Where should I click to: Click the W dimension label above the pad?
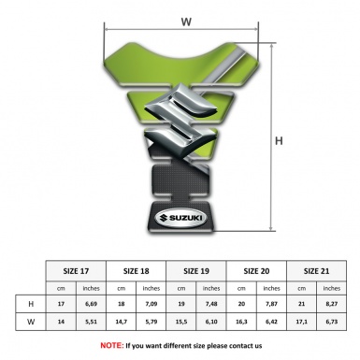click(x=186, y=22)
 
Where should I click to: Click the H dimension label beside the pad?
click(x=279, y=141)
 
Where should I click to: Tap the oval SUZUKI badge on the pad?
click(x=181, y=218)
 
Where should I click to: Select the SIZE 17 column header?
click(x=76, y=271)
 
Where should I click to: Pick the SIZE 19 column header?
click(x=196, y=271)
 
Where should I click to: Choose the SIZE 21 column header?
click(x=316, y=271)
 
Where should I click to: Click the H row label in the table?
click(x=31, y=304)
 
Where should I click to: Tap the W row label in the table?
click(x=31, y=322)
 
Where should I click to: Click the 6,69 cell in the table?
click(x=91, y=304)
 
